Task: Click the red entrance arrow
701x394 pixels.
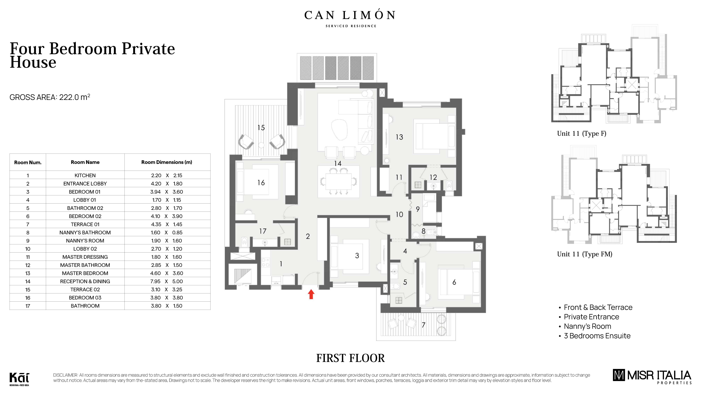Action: point(311,294)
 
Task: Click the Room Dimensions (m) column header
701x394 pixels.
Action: point(167,162)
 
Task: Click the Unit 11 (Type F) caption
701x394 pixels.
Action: point(582,134)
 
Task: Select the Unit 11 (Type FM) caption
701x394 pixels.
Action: point(585,254)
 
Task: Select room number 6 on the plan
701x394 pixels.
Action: point(454,283)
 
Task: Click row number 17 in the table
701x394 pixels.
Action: point(28,306)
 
